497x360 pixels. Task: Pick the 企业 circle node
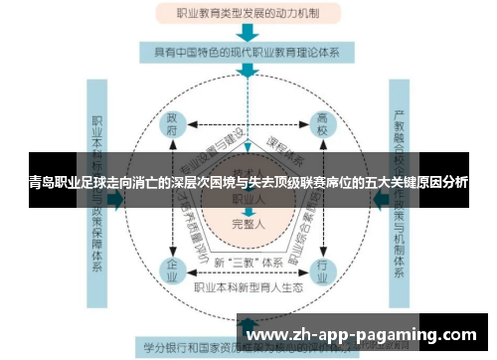pos(171,269)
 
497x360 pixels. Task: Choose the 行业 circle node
pos(321,269)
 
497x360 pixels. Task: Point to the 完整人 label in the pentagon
pos(248,225)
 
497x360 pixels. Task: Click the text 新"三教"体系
pos(247,264)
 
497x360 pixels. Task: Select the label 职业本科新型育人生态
pos(247,287)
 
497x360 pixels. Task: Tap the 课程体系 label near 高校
pos(290,140)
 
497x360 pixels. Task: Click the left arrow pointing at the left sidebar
pos(115,199)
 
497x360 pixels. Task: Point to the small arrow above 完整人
pos(248,211)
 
